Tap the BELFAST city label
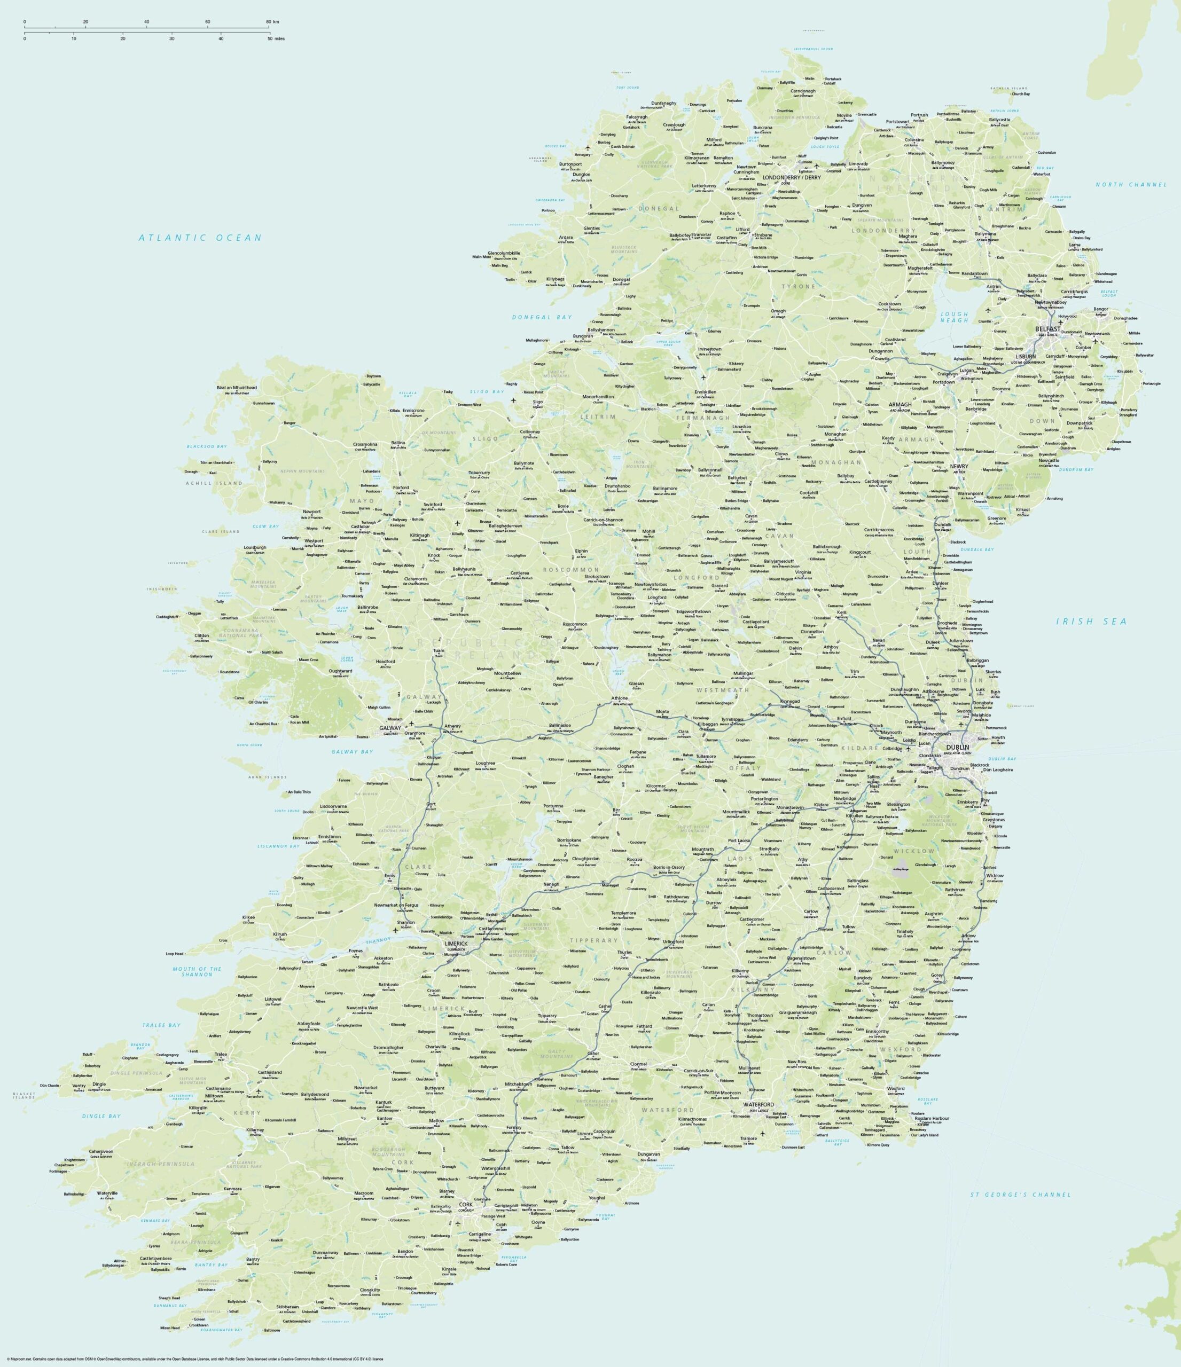pos(1047,328)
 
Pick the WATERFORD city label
pos(758,1104)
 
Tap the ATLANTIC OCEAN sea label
pos(200,238)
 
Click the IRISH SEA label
pos(1091,621)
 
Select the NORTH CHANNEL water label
pos(1131,185)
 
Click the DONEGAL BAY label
pos(542,317)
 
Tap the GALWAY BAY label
pos(351,751)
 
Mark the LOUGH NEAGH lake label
pos(954,317)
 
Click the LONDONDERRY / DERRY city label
pos(791,177)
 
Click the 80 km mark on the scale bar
pos(269,22)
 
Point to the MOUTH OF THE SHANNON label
pos(197,971)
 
